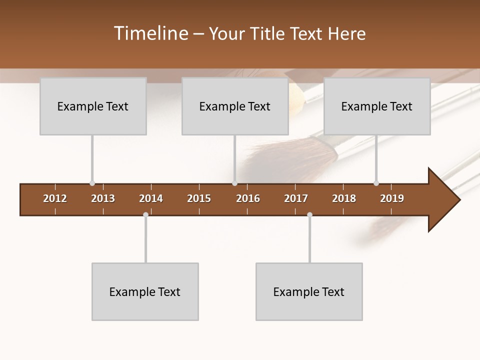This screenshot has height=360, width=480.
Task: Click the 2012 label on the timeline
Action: (x=55, y=198)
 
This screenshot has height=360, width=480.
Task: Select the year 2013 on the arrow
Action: (x=103, y=198)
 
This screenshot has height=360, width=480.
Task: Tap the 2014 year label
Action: (x=151, y=198)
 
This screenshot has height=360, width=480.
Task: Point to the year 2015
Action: (x=199, y=198)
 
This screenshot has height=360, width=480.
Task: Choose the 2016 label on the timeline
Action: (x=248, y=198)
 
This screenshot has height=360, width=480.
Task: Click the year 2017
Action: (x=296, y=198)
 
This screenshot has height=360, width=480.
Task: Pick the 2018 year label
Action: (x=344, y=198)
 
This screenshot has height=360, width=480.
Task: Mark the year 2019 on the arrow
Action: (x=392, y=198)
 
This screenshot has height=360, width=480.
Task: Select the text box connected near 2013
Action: (x=93, y=106)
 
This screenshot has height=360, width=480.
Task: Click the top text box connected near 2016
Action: (x=235, y=106)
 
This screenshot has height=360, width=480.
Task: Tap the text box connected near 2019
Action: (x=377, y=106)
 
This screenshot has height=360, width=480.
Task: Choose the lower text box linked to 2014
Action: (x=145, y=292)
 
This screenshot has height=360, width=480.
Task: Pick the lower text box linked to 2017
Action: (x=309, y=292)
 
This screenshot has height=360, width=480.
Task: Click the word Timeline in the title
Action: (x=150, y=33)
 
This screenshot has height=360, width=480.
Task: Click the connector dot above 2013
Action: (x=92, y=183)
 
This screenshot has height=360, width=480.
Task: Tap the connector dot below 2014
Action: (x=145, y=215)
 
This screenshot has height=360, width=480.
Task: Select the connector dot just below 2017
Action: (x=309, y=215)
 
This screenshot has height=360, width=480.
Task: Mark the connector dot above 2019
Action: (x=376, y=183)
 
